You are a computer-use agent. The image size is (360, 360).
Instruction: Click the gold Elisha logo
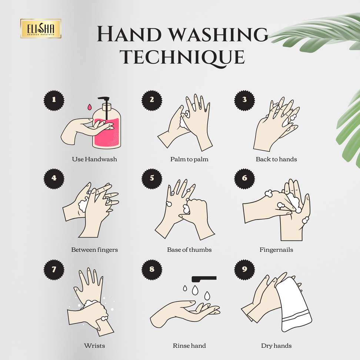point(41,29)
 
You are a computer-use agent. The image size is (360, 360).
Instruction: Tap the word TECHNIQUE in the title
point(182,57)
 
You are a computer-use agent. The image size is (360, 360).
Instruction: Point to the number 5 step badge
point(152,179)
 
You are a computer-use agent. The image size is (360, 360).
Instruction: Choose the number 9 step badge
point(244,270)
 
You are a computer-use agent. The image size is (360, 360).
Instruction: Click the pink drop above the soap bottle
point(89,107)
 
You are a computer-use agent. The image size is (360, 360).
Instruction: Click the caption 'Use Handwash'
point(94,159)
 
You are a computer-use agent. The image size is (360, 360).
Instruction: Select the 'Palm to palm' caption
point(189,159)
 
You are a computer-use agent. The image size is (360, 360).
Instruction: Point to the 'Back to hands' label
point(276,159)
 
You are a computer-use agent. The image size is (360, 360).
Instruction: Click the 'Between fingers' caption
point(94,250)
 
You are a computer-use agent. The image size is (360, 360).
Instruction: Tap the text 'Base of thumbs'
point(189,250)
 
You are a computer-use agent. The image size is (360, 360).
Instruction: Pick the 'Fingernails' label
point(276,250)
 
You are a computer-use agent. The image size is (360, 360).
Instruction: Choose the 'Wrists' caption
point(94,346)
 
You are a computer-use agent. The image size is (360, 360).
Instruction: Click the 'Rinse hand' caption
point(189,346)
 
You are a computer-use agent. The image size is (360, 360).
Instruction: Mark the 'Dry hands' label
point(276,346)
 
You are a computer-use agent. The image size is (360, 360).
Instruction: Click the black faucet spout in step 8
point(204,279)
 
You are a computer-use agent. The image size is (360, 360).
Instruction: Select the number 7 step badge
point(54,270)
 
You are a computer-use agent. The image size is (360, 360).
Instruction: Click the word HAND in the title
point(129,34)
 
